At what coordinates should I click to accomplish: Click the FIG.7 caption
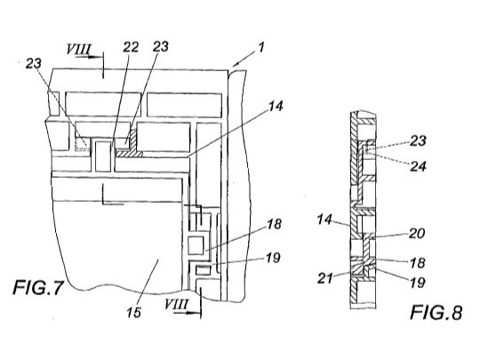38,288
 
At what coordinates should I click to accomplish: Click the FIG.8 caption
436,313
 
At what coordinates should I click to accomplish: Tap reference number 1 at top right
260,47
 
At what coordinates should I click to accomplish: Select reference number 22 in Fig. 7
131,47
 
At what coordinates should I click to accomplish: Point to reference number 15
133,313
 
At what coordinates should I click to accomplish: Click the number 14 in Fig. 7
276,107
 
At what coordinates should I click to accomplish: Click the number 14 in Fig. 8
324,220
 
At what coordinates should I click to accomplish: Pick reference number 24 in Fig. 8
419,166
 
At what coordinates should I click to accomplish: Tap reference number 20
417,234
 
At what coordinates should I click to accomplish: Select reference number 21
324,278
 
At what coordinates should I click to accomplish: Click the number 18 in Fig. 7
274,224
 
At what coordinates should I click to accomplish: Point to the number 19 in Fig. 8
417,283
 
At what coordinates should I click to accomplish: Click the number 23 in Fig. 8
419,140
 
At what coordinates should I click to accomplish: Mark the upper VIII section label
79,49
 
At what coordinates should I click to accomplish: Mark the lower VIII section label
176,305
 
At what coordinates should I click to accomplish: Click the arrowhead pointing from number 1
235,64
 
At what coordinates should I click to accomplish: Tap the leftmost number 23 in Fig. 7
34,64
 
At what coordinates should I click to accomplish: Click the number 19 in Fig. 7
274,258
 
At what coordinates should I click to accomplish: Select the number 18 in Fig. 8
417,262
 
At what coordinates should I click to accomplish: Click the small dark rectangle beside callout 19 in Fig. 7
204,270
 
